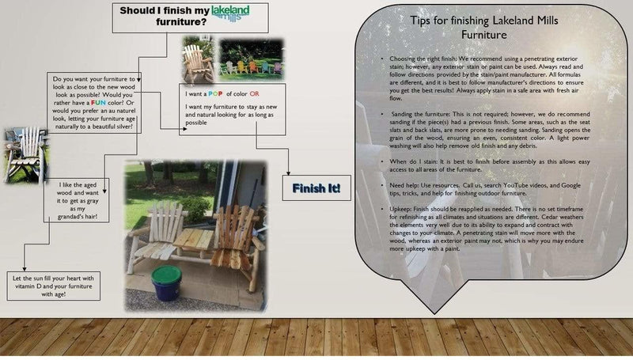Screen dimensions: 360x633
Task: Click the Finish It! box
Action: click(316, 188)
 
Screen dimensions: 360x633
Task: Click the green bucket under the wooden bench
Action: click(167, 282)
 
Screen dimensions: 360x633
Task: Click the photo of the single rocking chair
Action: click(197, 57)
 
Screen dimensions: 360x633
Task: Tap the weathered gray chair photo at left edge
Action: click(13, 156)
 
